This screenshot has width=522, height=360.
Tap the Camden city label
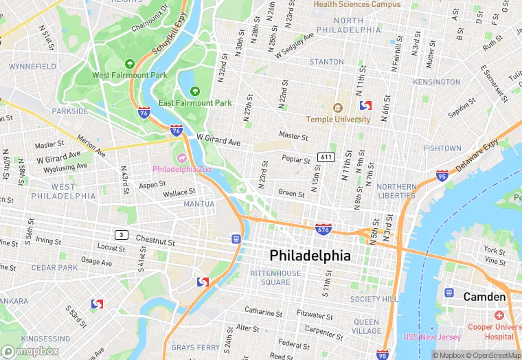pos(484,297)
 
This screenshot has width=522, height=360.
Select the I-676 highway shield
pos(323,228)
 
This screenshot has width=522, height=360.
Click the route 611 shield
pos(326,157)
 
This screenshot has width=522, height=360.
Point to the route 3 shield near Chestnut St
pos(121,235)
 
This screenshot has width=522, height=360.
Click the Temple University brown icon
pos(337,108)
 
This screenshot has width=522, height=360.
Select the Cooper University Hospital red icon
pos(498,315)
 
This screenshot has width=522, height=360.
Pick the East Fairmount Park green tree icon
pos(195,91)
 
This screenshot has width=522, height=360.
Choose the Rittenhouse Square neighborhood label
pos(275,278)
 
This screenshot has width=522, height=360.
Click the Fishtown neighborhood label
pos(442,148)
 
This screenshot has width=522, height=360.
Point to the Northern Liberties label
pos(396,191)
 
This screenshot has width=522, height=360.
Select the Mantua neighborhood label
pos(198,204)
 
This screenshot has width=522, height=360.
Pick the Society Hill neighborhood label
pos(374,299)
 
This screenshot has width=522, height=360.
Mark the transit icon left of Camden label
pos(449,293)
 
